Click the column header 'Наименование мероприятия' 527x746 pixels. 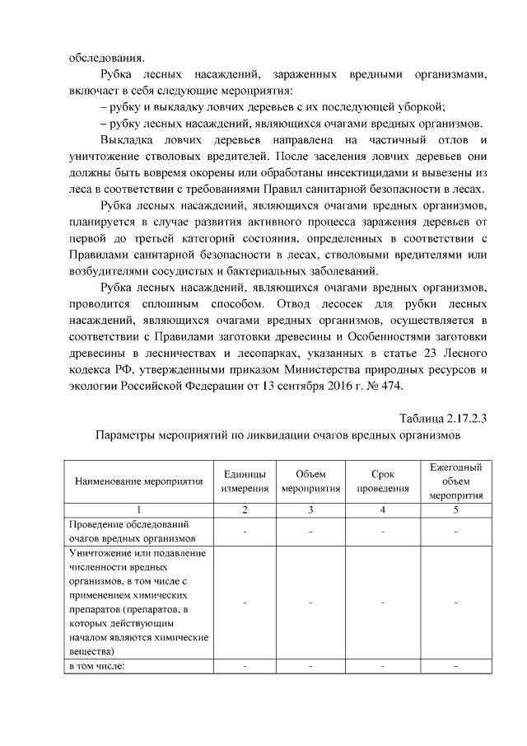(139, 481)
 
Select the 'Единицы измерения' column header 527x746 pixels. (245, 481)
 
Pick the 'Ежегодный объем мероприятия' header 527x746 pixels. (455, 481)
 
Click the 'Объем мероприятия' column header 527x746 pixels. (310, 481)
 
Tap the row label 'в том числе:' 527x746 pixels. (96, 666)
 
